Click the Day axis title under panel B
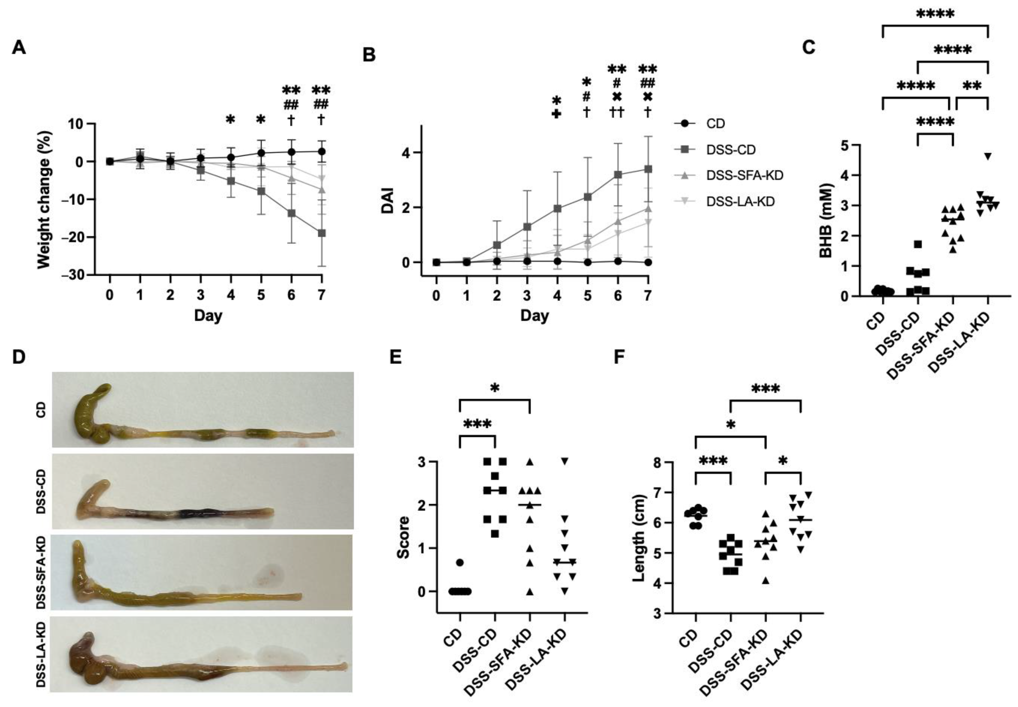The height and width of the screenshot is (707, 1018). (535, 315)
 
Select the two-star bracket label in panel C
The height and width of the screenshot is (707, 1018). (972, 86)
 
